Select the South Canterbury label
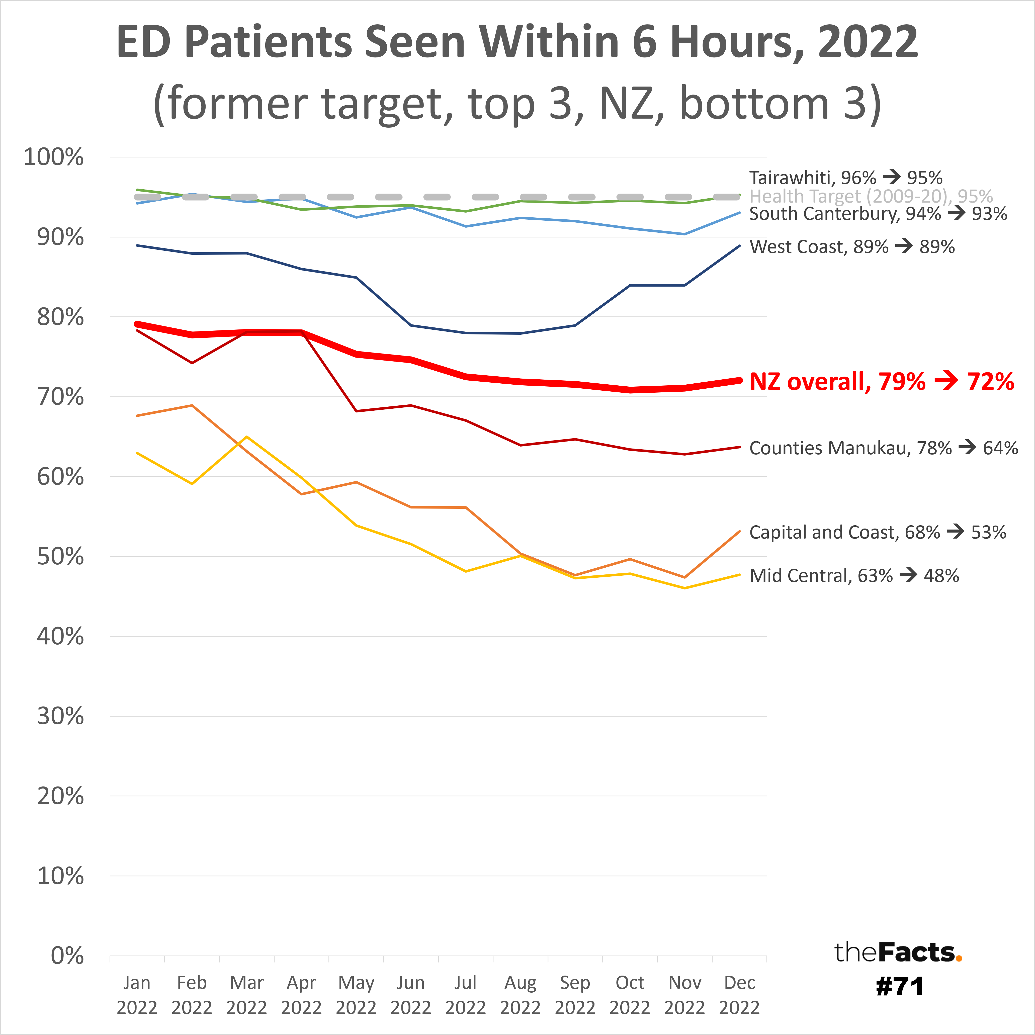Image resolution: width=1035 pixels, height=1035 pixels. click(878, 214)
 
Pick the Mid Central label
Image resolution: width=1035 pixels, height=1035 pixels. click(854, 575)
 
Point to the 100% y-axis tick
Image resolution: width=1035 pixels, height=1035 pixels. click(54, 157)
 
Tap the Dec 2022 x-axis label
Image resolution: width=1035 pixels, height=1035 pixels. click(739, 995)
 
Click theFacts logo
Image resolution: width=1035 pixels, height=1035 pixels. click(898, 953)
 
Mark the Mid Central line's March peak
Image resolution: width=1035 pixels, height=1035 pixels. click(246, 437)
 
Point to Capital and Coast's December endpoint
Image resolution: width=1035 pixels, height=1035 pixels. click(739, 532)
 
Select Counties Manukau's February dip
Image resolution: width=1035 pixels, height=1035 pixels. click(192, 363)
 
